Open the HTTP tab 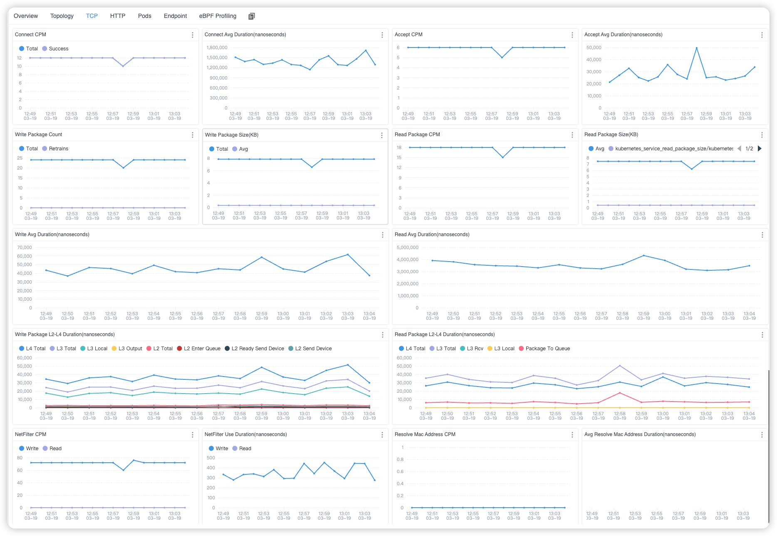[118, 16]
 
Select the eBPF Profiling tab [218, 16]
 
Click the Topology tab [62, 16]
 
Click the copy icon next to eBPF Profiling [251, 16]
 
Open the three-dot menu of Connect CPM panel [193, 35]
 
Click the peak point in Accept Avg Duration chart [696, 48]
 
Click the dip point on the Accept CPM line [502, 57]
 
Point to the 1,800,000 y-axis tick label [217, 47]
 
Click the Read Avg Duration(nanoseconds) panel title [432, 234]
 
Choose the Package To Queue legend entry [547, 349]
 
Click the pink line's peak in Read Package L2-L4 [620, 393]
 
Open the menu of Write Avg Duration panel [383, 235]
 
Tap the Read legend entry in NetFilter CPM [55, 449]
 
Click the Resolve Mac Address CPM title [425, 434]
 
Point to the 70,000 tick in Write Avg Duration [25, 247]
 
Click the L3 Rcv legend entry [475, 349]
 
